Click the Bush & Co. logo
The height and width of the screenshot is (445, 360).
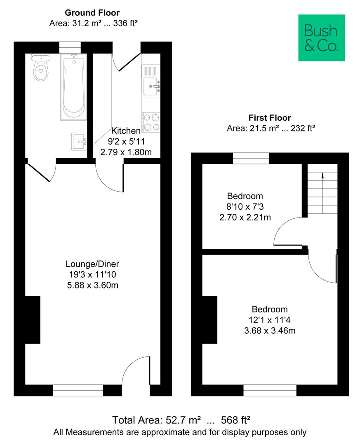coord(321,38)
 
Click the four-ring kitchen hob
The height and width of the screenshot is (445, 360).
coord(151,122)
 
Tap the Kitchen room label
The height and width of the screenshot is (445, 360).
coord(126,131)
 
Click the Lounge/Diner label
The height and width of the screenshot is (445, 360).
coord(92,264)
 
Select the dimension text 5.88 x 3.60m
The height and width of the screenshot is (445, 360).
coord(92,285)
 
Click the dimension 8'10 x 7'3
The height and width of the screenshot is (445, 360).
coord(245,206)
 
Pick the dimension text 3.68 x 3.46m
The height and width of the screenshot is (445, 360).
coord(270,330)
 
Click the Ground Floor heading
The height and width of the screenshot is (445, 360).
coord(92,13)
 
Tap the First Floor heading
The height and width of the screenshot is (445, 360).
coord(270,118)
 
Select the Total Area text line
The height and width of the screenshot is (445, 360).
coord(182,420)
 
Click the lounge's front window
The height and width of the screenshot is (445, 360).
coord(78,390)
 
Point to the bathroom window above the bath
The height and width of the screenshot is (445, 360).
coord(70,47)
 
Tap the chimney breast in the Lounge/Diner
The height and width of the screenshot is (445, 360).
coord(33,320)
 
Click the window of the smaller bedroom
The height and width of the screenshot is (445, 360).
coord(251,158)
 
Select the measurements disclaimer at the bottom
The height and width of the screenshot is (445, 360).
coord(180,433)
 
